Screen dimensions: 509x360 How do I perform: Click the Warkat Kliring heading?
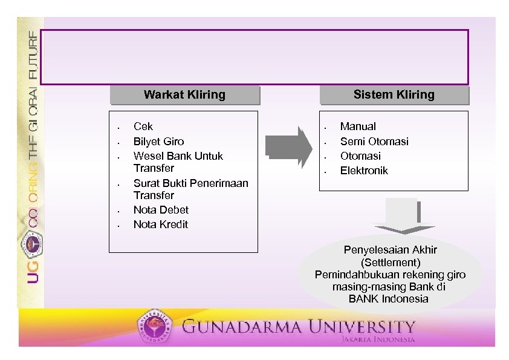[184, 95]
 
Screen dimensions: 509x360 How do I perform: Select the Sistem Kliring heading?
[394, 95]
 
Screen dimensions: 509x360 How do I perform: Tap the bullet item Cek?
[143, 126]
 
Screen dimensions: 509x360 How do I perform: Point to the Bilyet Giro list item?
[158, 142]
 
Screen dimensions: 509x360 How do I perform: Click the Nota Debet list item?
[161, 210]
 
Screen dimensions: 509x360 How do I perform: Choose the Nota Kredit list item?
[161, 224]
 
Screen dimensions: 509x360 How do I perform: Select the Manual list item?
[358, 126]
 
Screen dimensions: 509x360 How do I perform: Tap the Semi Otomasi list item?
[374, 142]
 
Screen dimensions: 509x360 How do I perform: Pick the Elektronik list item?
[364, 171]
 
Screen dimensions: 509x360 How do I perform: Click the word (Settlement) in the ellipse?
[390, 263]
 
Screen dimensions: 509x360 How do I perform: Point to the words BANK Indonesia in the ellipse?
[389, 299]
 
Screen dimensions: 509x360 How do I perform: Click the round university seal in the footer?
[155, 329]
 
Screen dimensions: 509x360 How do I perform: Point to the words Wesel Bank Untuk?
[178, 156]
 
